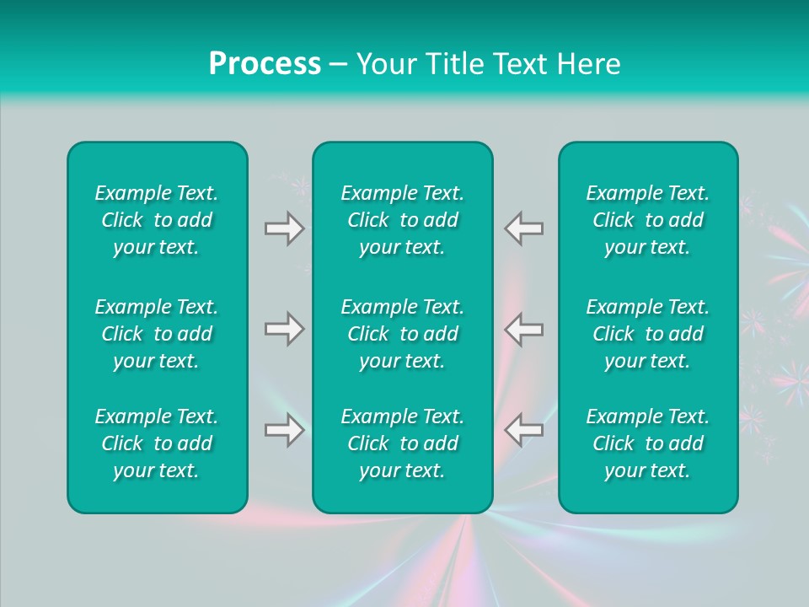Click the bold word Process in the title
[x=265, y=64]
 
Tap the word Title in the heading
[x=452, y=64]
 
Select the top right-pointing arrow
[x=285, y=228]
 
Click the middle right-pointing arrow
[x=285, y=329]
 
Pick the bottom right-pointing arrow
[x=285, y=430]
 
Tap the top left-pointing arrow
[x=523, y=228]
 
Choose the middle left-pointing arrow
[x=523, y=329]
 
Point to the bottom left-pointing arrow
[x=523, y=430]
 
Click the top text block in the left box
[x=157, y=220]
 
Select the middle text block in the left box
[x=157, y=334]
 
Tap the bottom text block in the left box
[x=157, y=443]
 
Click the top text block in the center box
[x=403, y=220]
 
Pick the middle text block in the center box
[x=403, y=334]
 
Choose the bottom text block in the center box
[x=403, y=443]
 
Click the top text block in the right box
[x=648, y=220]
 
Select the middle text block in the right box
[x=648, y=334]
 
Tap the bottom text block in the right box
[x=648, y=443]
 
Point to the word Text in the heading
[x=518, y=64]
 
